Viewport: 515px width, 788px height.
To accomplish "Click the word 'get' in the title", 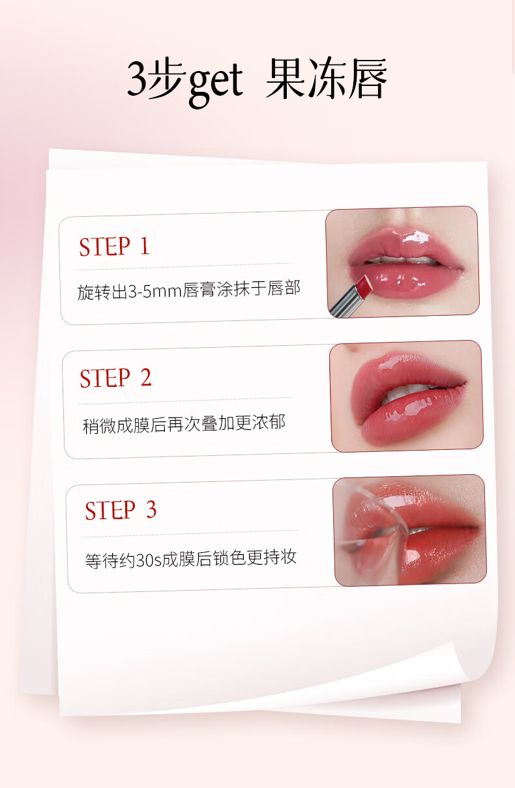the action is pos(216,83).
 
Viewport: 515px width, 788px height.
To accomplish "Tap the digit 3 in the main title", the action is pos(137,78).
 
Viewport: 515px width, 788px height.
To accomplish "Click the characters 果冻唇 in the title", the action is pos(326,78).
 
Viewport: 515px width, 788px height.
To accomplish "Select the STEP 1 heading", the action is pos(114,246).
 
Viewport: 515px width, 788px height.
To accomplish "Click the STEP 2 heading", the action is pos(115,378).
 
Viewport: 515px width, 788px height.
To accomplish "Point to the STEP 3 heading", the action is pos(121,510).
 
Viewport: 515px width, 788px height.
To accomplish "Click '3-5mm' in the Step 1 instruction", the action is pos(154,291).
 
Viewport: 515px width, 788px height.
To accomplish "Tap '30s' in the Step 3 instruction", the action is pos(148,560).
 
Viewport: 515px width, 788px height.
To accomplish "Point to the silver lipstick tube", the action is pos(347,302).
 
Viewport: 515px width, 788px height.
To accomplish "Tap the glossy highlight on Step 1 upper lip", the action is pos(417,236).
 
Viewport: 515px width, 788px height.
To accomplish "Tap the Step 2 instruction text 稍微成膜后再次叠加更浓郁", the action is pos(184,423).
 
